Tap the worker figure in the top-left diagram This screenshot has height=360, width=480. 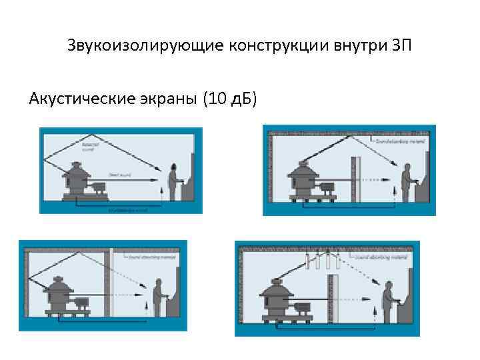173,182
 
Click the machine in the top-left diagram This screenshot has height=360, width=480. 79,182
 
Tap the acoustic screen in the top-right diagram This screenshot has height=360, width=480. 357,178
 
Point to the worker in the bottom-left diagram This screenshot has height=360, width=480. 158,297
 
